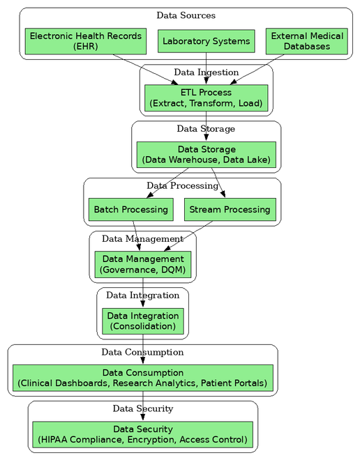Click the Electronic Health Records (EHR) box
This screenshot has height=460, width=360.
[x=85, y=41]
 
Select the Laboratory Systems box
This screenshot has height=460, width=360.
[x=205, y=41]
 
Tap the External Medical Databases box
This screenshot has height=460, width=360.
[x=307, y=41]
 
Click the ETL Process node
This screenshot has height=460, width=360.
[x=206, y=98]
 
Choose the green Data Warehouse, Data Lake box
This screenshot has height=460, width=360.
[x=206, y=155]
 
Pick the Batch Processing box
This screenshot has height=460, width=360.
[x=131, y=210]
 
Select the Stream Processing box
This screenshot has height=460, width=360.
[x=230, y=210]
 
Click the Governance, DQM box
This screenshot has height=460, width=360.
[x=142, y=264]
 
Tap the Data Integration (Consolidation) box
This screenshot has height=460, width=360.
[x=143, y=321]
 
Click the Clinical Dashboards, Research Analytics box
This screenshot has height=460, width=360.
[x=142, y=378]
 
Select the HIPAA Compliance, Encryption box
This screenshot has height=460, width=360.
[x=142, y=434]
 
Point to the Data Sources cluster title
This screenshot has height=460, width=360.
[x=186, y=15]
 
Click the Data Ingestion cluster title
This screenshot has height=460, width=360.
[x=206, y=72]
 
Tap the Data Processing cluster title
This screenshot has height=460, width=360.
[x=182, y=185]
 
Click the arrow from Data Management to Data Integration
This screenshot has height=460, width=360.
[x=143, y=292]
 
